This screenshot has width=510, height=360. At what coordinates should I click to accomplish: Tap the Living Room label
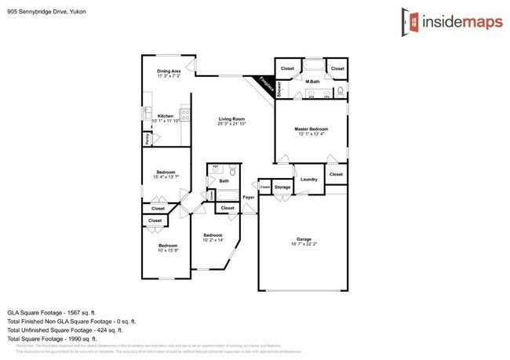click(x=232, y=118)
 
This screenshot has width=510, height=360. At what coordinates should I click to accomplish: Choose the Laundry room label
click(x=308, y=179)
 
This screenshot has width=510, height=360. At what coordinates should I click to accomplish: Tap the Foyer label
click(x=248, y=197)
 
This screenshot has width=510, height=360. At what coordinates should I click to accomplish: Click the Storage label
click(x=282, y=187)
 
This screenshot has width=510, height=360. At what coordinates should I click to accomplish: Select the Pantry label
click(x=147, y=139)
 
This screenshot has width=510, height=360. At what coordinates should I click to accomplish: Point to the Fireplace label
click(x=265, y=84)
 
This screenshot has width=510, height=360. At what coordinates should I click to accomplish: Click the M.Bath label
click(x=312, y=82)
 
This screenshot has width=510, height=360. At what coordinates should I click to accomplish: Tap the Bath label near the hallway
click(x=224, y=181)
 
